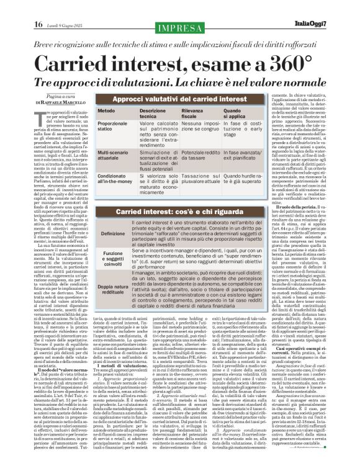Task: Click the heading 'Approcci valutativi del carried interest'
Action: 179,99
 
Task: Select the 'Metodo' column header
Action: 106,110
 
